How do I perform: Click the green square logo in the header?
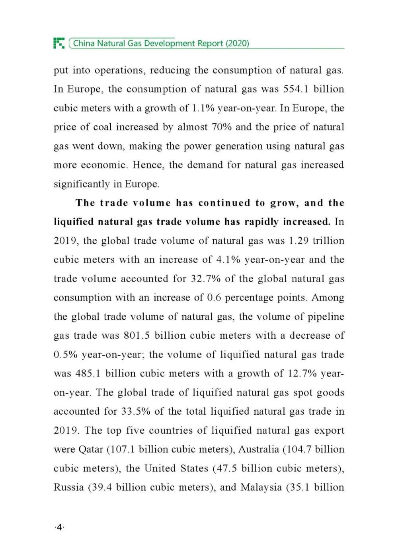59,43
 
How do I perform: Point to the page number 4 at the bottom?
59,528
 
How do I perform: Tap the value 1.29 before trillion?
298,241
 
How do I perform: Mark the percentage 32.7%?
206,279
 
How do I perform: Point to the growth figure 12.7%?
302,374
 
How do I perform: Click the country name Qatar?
91,450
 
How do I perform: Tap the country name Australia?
258,450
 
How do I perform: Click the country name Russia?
68,487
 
